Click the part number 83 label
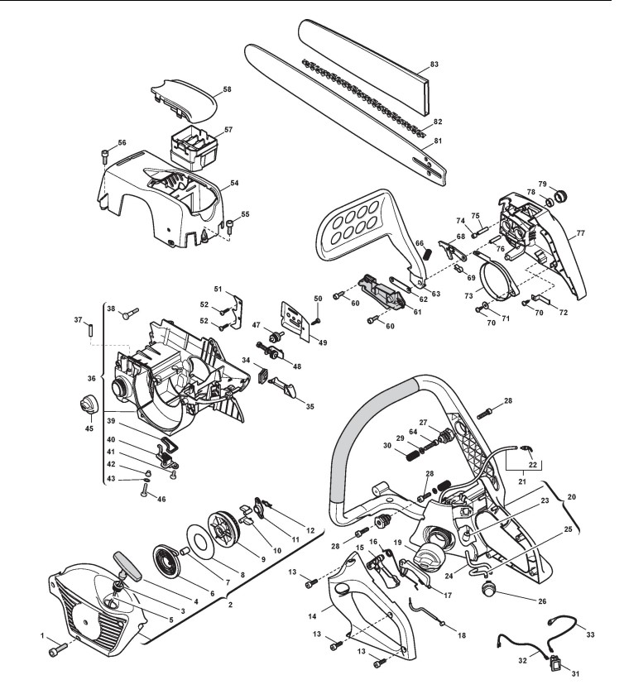click(434, 64)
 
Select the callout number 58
click(227, 89)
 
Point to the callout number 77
click(581, 233)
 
